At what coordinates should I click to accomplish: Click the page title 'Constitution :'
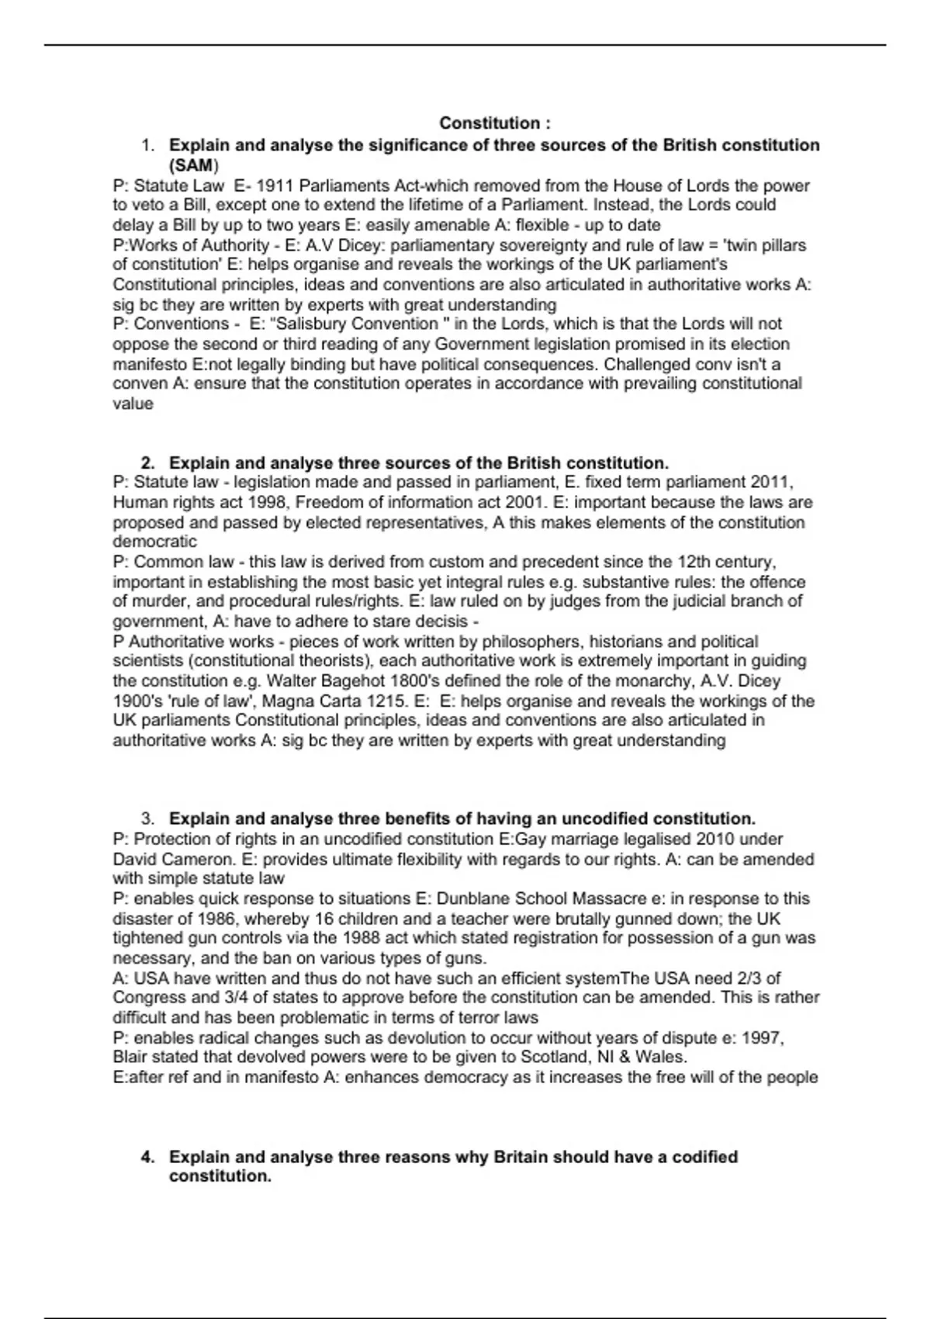495,123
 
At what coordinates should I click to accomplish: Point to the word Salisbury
313,324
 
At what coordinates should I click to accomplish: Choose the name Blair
133,1058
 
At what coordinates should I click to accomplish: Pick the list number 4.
148,1157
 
